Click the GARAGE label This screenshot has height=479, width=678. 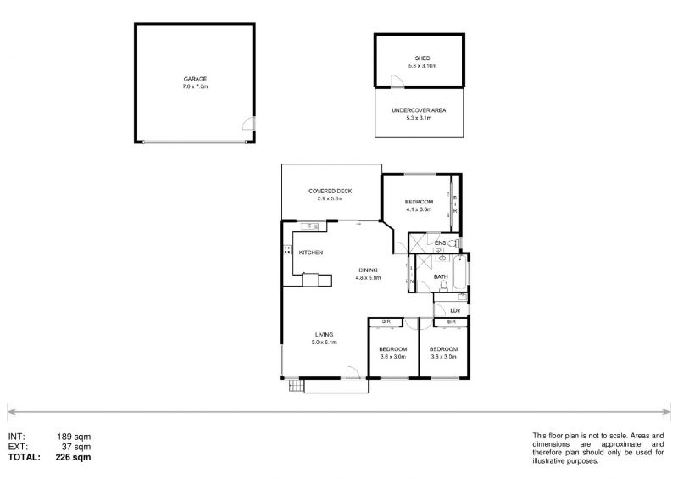pyautogui.click(x=196, y=79)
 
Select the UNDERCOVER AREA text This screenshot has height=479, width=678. pyautogui.click(x=419, y=110)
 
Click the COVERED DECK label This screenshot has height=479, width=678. pyautogui.click(x=330, y=192)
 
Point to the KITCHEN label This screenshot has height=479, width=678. pyautogui.click(x=310, y=253)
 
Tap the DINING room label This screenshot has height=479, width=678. pyautogui.click(x=369, y=270)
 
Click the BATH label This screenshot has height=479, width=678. pyautogui.click(x=441, y=277)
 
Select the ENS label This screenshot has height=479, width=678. pyautogui.click(x=439, y=244)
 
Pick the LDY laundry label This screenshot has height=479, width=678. pyautogui.click(x=455, y=310)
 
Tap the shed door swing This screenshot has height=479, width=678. pyautogui.click(x=396, y=81)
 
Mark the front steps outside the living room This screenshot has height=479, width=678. pyautogui.click(x=296, y=386)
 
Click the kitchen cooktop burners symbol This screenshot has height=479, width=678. pyautogui.click(x=288, y=251)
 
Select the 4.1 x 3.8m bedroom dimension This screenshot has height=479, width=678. pyautogui.click(x=420, y=209)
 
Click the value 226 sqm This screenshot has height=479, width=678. pyautogui.click(x=74, y=456)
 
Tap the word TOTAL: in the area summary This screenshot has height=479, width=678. pyautogui.click(x=24, y=456)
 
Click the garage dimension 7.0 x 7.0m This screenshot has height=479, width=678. pyautogui.click(x=196, y=86)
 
